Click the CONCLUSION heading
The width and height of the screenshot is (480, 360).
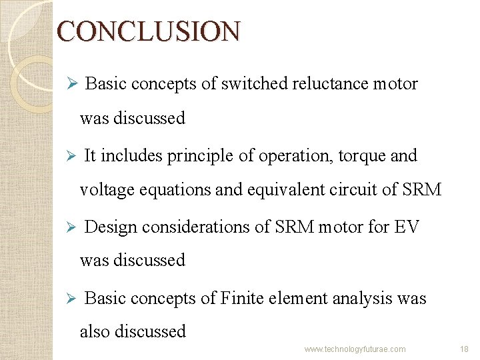click(148, 31)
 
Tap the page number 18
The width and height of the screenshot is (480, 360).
click(465, 349)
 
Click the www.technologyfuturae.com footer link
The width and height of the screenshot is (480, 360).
click(355, 349)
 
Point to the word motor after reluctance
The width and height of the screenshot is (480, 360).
click(395, 84)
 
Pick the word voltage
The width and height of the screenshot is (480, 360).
click(107, 189)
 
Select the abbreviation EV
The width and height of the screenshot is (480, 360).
click(407, 227)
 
